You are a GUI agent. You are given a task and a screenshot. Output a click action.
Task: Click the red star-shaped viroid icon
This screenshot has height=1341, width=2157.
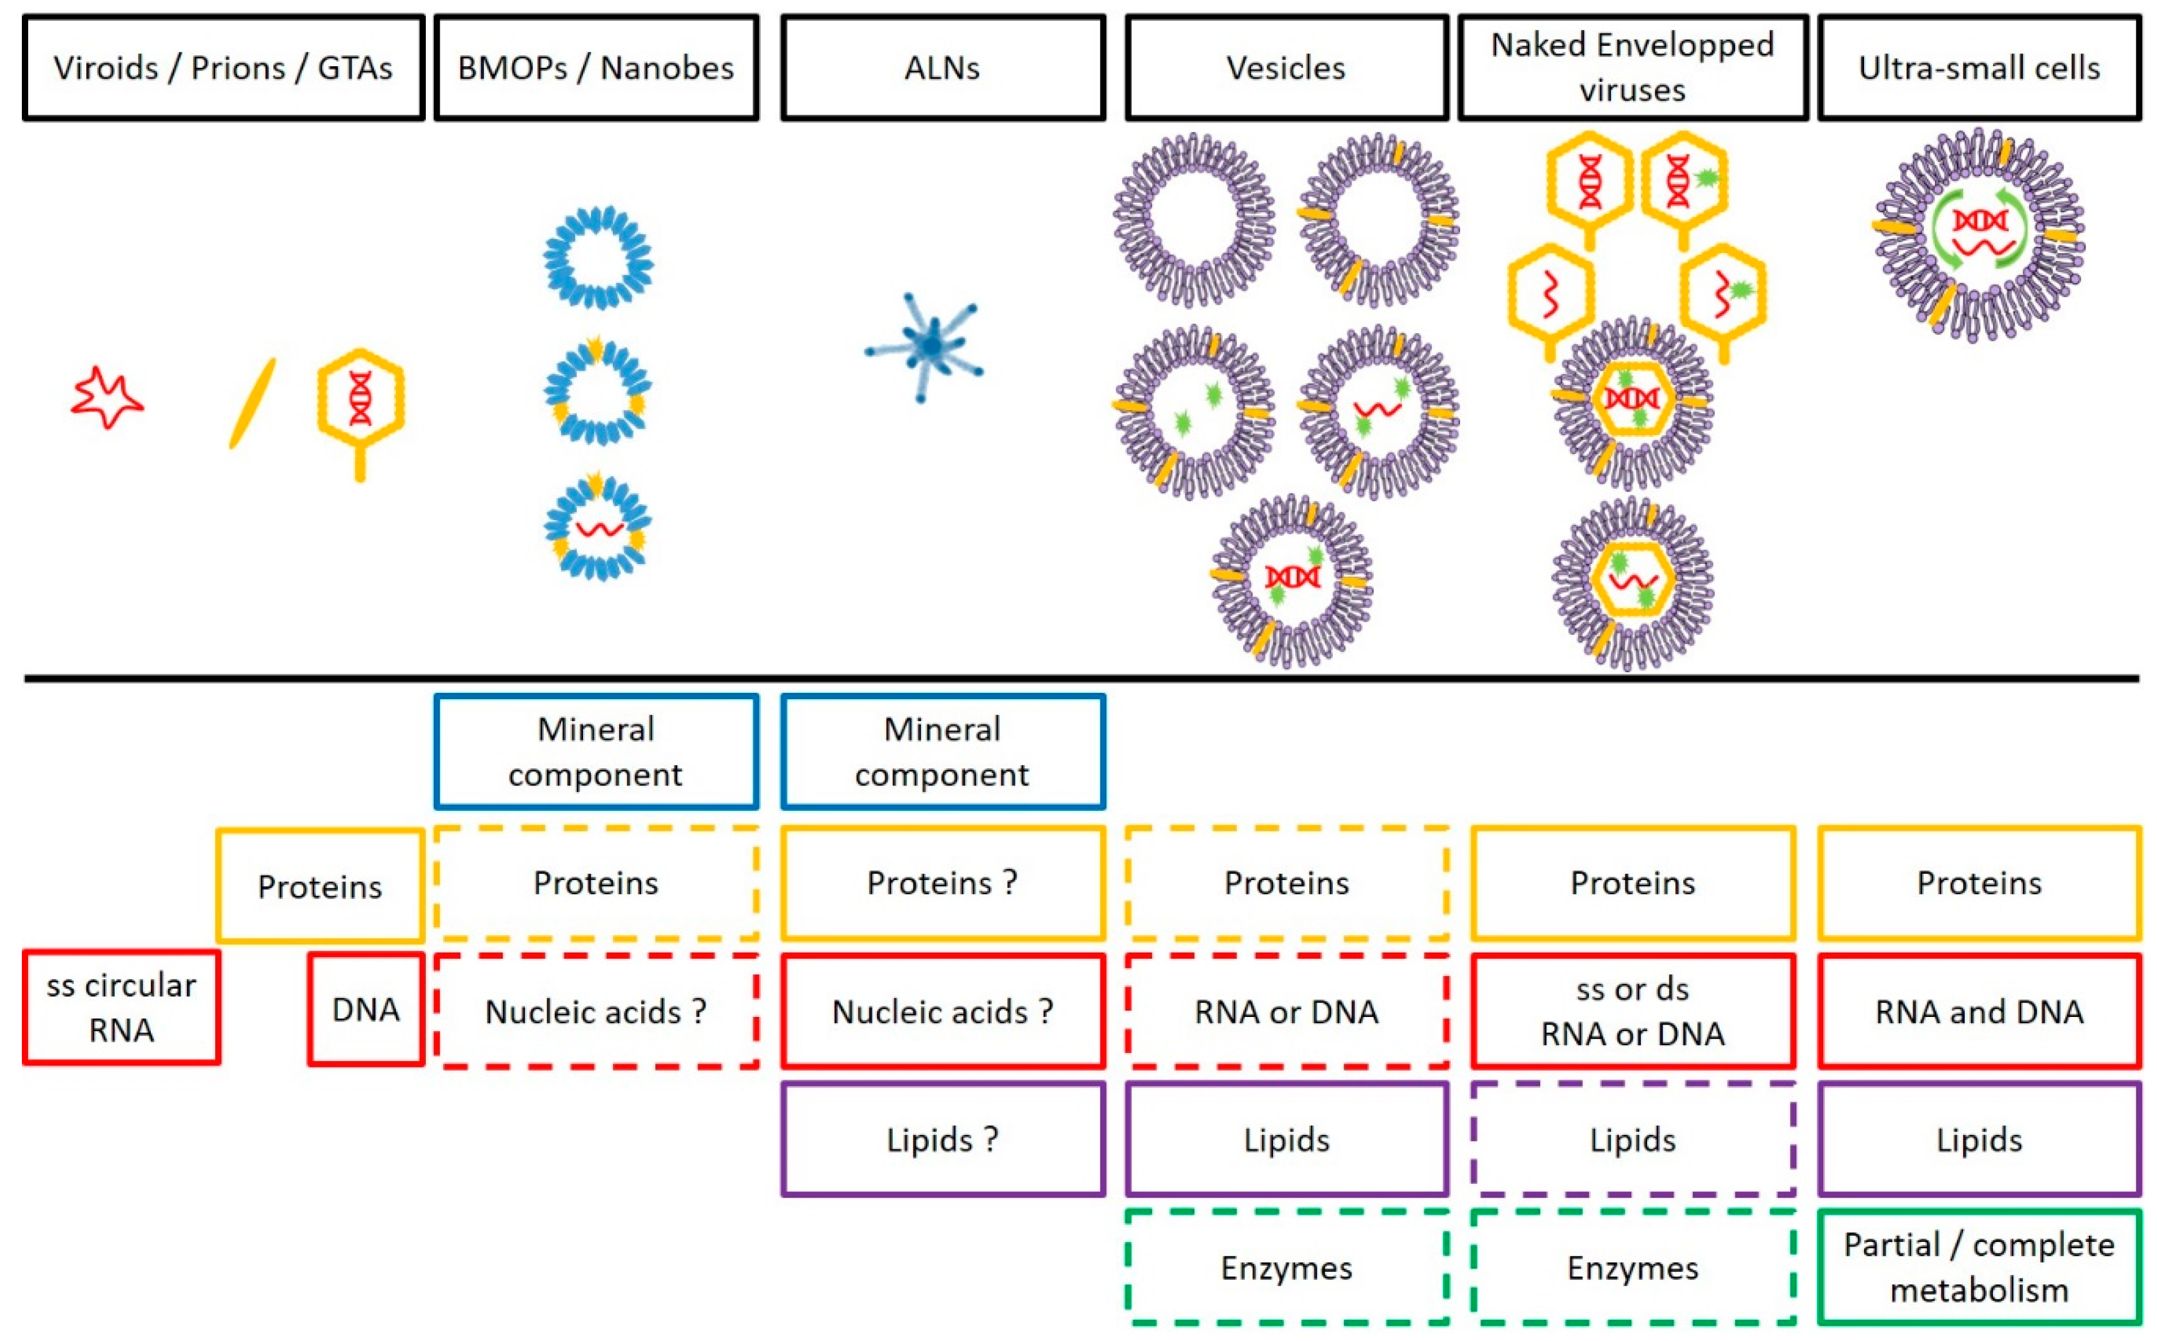click(106, 398)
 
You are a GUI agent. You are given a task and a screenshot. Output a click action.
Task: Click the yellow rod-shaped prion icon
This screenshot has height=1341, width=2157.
click(253, 403)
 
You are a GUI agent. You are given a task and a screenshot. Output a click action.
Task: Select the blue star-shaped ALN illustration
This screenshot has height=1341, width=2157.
click(927, 346)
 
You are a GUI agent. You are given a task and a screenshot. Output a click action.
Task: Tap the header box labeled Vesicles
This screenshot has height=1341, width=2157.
click(1286, 67)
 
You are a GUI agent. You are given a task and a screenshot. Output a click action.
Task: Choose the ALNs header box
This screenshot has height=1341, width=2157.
click(942, 67)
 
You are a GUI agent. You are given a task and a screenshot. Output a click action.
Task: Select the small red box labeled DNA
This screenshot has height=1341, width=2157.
click(365, 1009)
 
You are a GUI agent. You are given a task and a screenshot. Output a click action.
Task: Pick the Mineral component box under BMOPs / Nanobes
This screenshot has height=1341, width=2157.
click(596, 751)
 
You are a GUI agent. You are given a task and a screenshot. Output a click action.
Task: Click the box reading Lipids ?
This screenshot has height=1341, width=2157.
click(942, 1139)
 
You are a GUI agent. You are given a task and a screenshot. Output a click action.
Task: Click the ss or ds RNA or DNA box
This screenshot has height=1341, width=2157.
click(1632, 1011)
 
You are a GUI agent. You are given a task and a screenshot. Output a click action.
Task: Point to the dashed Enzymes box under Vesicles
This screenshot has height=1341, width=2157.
click(1286, 1267)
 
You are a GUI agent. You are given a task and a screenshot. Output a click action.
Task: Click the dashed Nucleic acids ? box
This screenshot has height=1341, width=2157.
click(596, 1011)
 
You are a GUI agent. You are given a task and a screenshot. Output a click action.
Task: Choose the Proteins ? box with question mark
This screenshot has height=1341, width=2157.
click(942, 882)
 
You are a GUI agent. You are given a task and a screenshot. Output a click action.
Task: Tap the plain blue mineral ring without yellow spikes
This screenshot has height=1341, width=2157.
click(599, 257)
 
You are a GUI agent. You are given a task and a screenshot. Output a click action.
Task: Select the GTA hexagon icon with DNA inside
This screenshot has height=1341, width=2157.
click(360, 403)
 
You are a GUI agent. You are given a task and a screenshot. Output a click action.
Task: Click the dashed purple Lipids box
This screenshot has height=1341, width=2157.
click(1632, 1139)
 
